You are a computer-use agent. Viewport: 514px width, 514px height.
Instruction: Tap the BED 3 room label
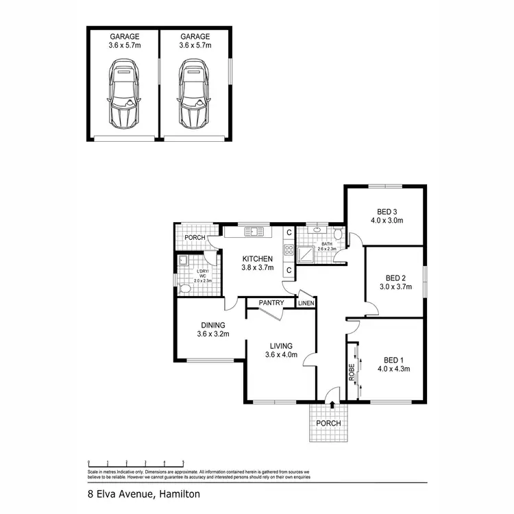tap(387, 212)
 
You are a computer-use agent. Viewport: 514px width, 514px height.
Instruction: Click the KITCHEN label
tap(257, 258)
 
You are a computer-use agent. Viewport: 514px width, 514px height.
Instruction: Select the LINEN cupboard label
tap(306, 303)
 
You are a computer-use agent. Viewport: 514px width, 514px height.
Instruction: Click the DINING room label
tap(213, 326)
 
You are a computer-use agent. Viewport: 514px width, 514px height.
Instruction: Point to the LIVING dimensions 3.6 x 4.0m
tap(282, 354)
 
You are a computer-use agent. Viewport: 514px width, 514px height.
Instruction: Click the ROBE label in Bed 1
tap(352, 371)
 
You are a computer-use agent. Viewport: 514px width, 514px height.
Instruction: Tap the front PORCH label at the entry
tap(328, 423)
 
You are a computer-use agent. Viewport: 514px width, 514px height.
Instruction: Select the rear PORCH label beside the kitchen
tap(195, 238)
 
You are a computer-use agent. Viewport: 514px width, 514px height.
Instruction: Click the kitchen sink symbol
tap(254, 231)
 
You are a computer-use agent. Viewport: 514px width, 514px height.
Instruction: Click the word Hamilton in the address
tap(179, 493)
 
